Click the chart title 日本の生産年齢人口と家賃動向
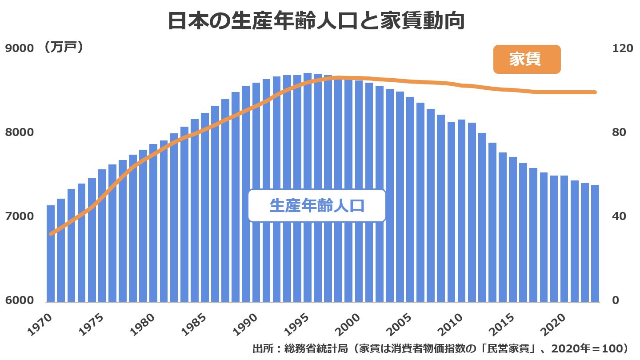tap(316, 21)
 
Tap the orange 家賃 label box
tap(527, 60)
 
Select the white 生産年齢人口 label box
tap(316, 206)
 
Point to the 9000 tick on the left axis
tap(19, 48)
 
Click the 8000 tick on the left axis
tap(19, 132)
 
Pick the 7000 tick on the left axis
tap(19, 216)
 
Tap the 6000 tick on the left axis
tap(19, 300)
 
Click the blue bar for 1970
tap(51, 253)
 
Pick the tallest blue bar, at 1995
tap(308, 187)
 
